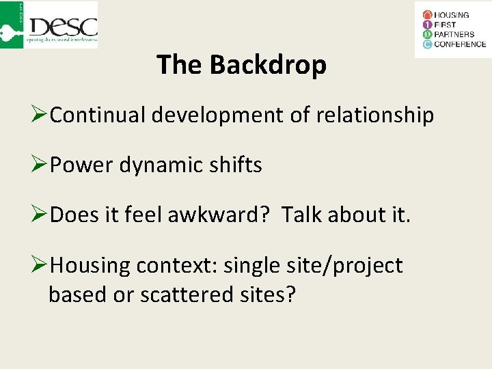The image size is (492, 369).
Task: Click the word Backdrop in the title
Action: (x=268, y=65)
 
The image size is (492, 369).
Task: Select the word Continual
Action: (x=98, y=115)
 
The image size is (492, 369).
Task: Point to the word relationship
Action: (x=374, y=115)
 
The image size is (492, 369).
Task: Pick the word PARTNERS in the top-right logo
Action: (x=454, y=34)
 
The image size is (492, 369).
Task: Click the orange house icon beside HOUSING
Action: (x=428, y=14)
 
